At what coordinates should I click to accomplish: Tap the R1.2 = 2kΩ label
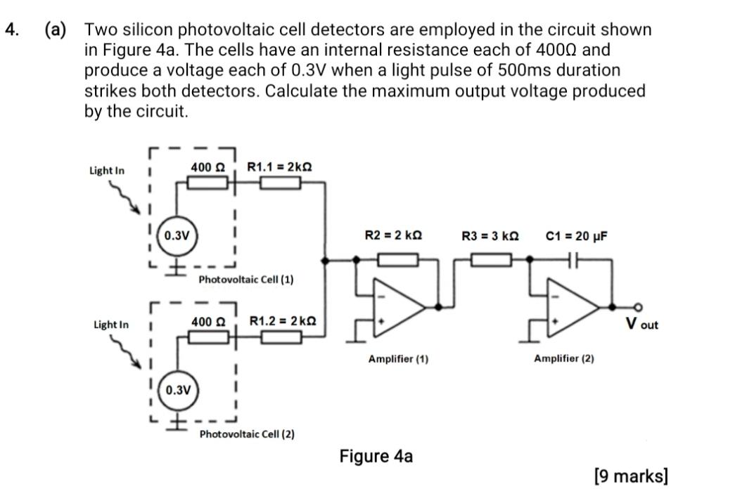click(x=283, y=321)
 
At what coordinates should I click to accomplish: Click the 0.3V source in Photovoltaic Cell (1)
click(x=177, y=235)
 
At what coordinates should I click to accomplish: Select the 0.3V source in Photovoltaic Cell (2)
click(x=177, y=389)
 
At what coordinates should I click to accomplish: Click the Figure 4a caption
click(x=376, y=456)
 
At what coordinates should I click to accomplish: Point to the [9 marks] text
click(x=630, y=476)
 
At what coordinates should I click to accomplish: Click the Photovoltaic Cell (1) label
click(x=246, y=280)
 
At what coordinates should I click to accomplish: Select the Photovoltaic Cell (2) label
click(x=247, y=433)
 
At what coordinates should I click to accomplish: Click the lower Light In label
click(x=111, y=325)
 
